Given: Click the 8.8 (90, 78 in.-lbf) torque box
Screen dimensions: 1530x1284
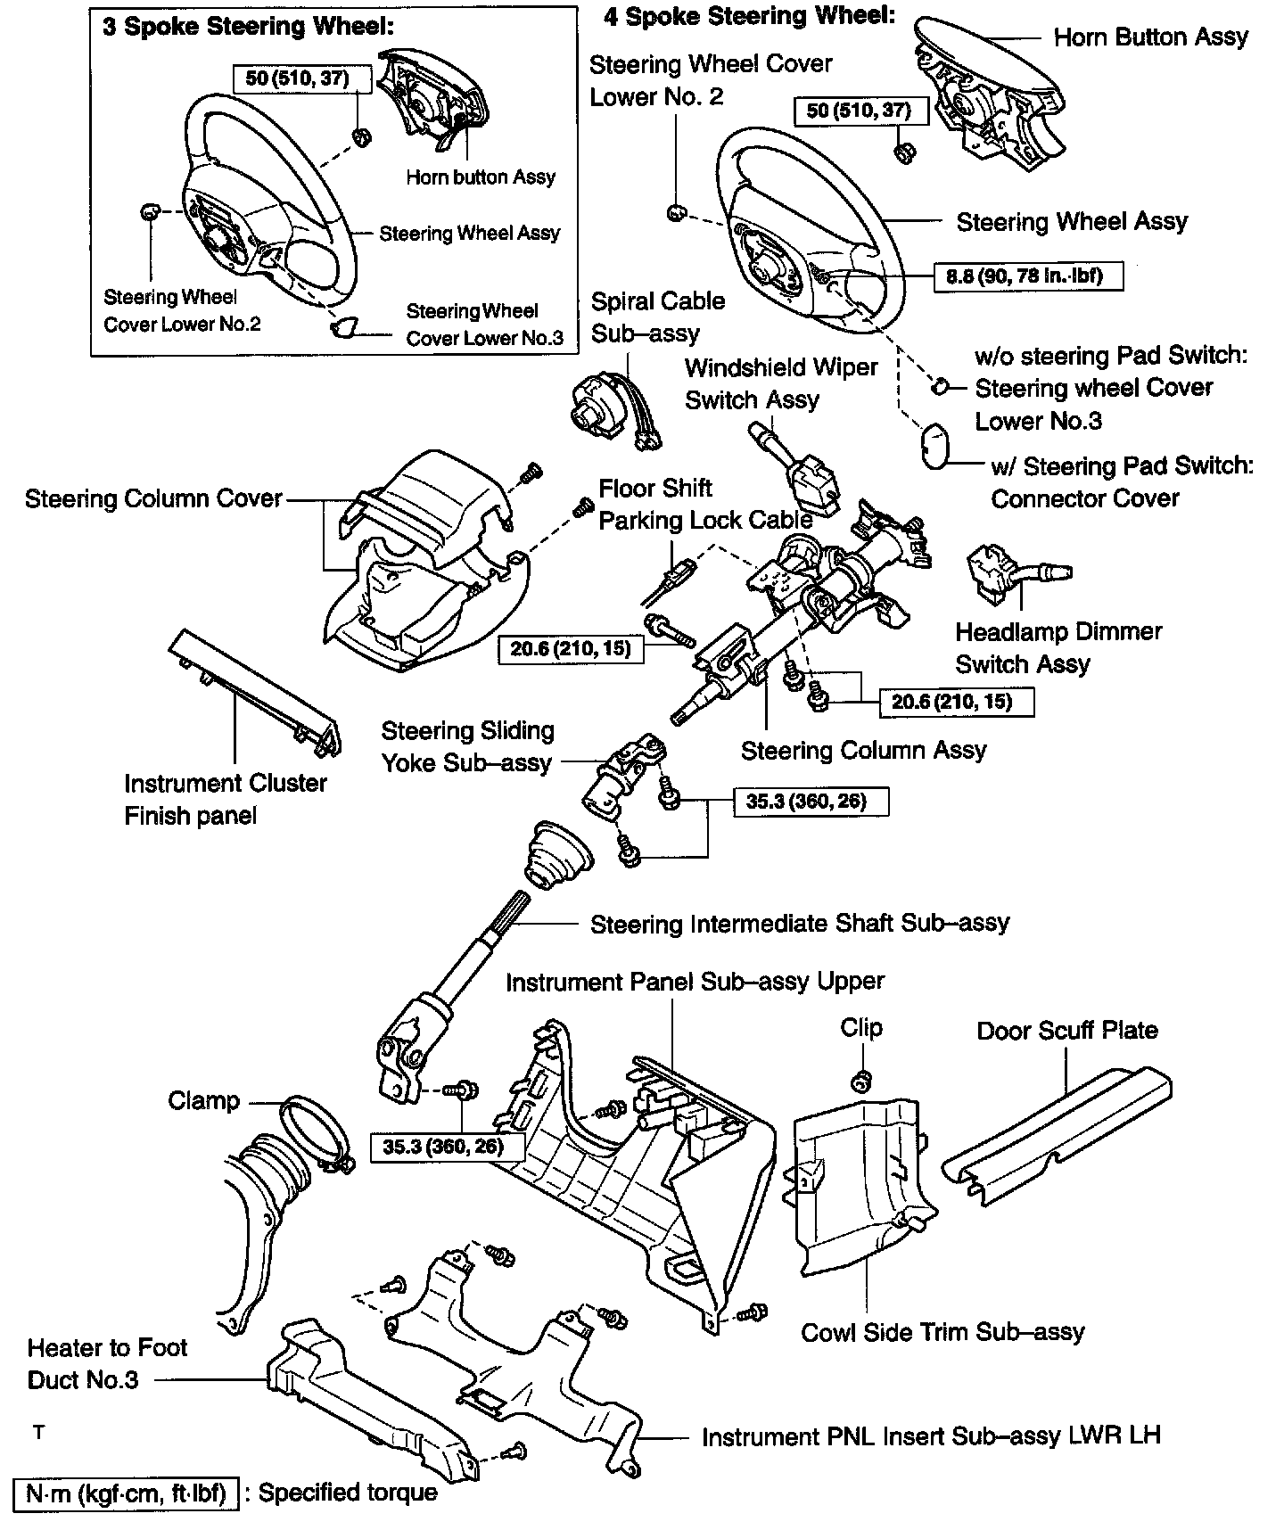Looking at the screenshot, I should [x=1028, y=276].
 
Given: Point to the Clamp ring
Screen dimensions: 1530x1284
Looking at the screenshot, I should [x=312, y=1132].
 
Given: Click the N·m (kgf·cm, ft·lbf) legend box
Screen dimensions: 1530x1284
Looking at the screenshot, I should [x=126, y=1493].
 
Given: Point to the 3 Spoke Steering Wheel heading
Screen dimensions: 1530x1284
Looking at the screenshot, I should [x=248, y=27].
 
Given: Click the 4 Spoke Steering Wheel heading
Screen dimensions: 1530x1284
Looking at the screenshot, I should [x=749, y=16].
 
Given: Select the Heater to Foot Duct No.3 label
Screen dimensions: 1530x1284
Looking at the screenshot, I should [x=107, y=1363].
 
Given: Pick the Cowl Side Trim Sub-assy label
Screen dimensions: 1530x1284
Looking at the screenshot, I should [x=942, y=1332].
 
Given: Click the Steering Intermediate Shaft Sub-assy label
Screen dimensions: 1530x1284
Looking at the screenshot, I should [x=799, y=923].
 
